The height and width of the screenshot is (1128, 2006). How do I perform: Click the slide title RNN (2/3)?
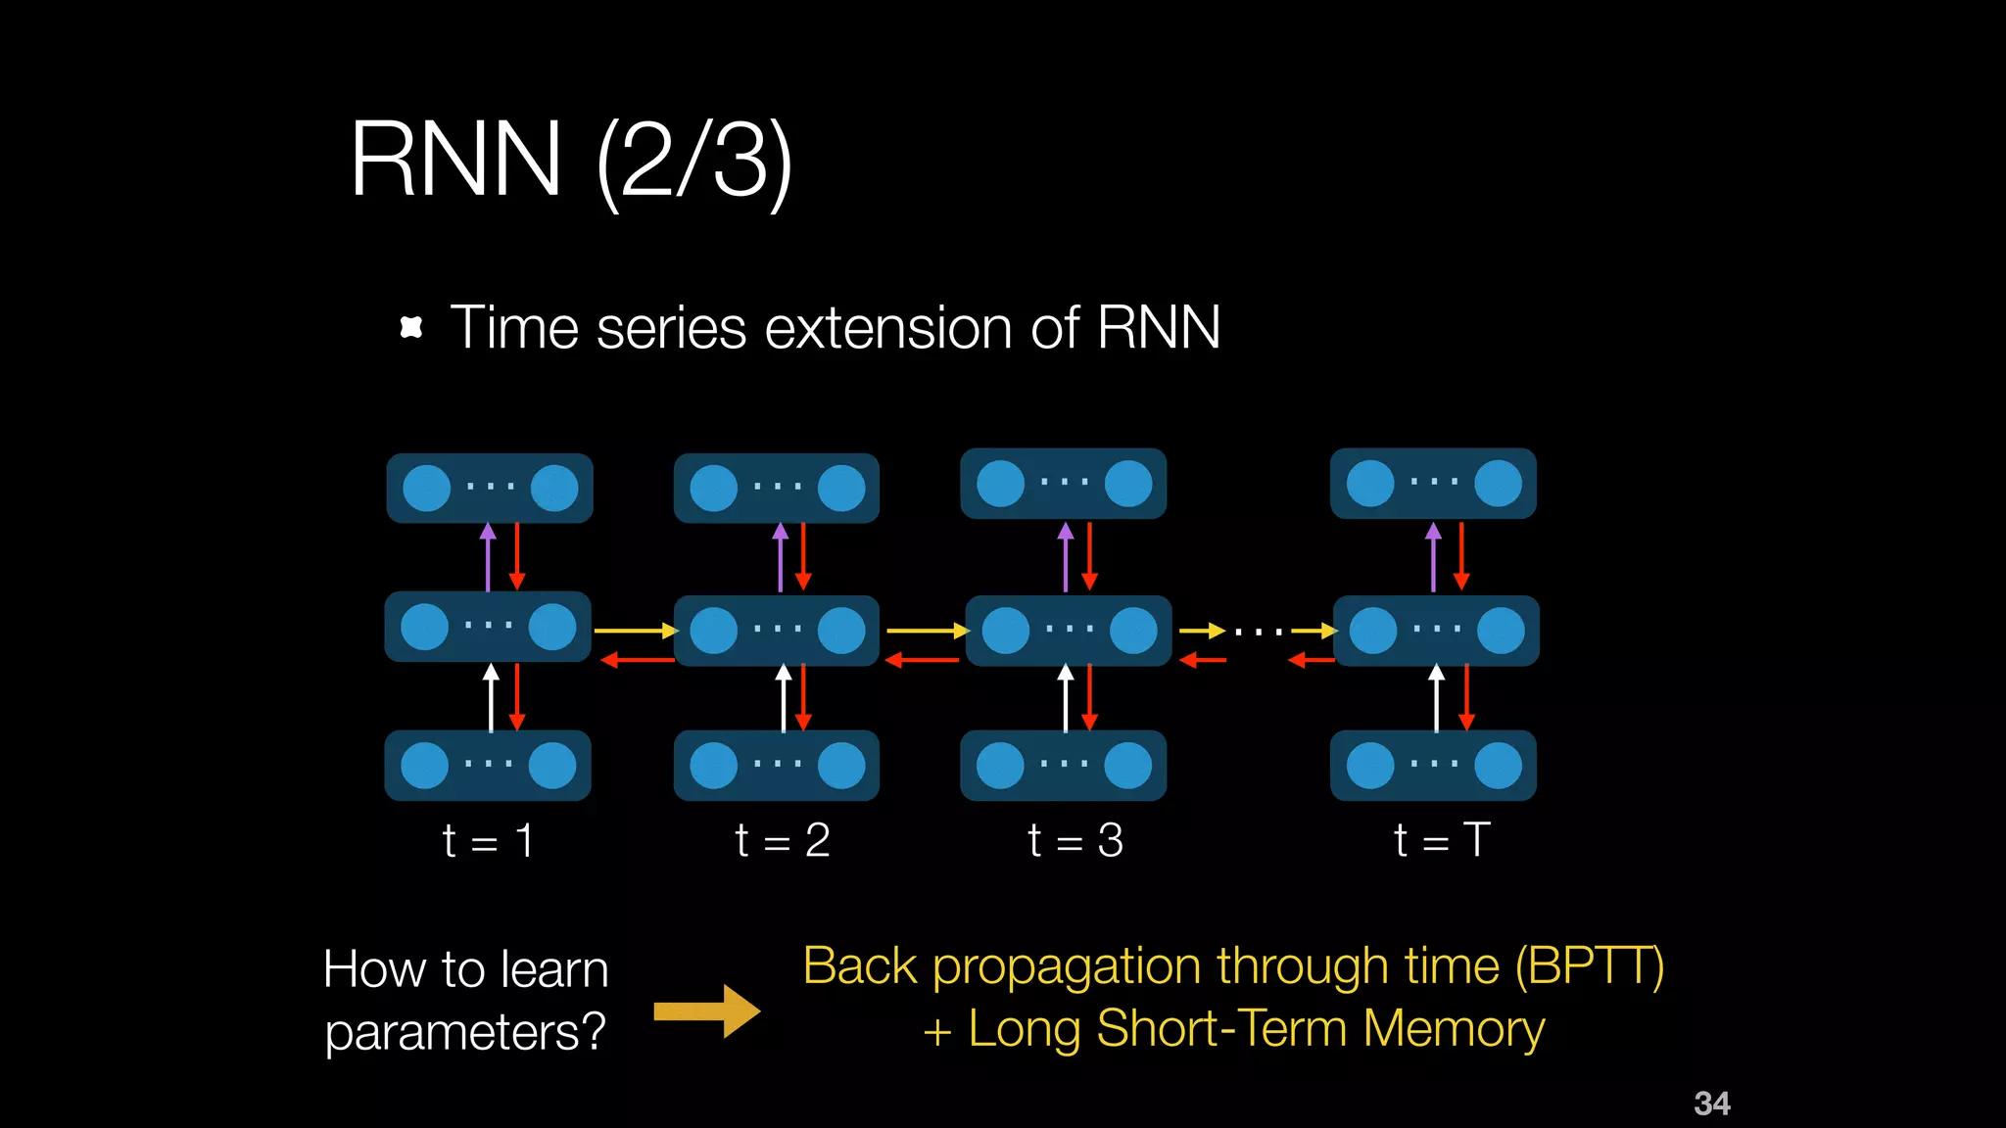570,160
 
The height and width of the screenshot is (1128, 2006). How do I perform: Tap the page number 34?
1711,1104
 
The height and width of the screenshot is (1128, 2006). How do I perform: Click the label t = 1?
488,841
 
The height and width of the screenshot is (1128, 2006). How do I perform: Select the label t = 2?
782,840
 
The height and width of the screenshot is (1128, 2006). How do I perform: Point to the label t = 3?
1075,840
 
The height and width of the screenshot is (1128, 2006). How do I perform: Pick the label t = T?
1441,840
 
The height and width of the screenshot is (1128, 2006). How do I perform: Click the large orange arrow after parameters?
706,1010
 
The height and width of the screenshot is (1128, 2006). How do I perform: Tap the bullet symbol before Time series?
411,327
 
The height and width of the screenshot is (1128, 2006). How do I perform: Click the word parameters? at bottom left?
465,1032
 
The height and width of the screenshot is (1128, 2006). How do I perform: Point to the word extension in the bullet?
887,327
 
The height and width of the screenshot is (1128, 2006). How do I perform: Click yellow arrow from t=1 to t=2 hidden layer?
635,631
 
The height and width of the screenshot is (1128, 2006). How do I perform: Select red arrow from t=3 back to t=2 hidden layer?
922,661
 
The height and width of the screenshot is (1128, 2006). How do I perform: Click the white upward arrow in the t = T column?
1436,697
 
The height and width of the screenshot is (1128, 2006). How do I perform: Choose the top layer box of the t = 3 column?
1063,484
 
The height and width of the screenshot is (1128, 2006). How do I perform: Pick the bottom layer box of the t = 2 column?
776,766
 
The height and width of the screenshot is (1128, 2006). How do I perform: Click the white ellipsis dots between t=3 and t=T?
1260,633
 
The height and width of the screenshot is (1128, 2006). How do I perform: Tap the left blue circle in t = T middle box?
1372,631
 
